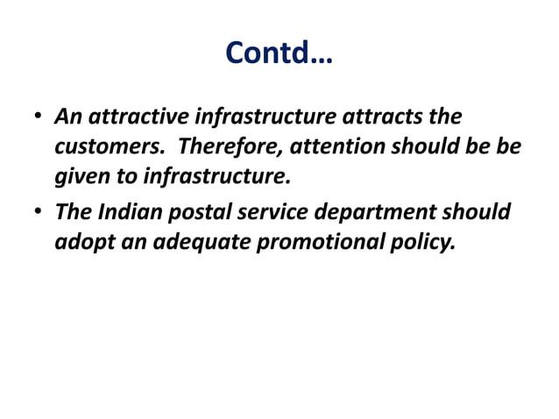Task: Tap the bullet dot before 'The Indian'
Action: pyautogui.click(x=39, y=213)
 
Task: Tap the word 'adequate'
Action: pyautogui.click(x=201, y=242)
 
